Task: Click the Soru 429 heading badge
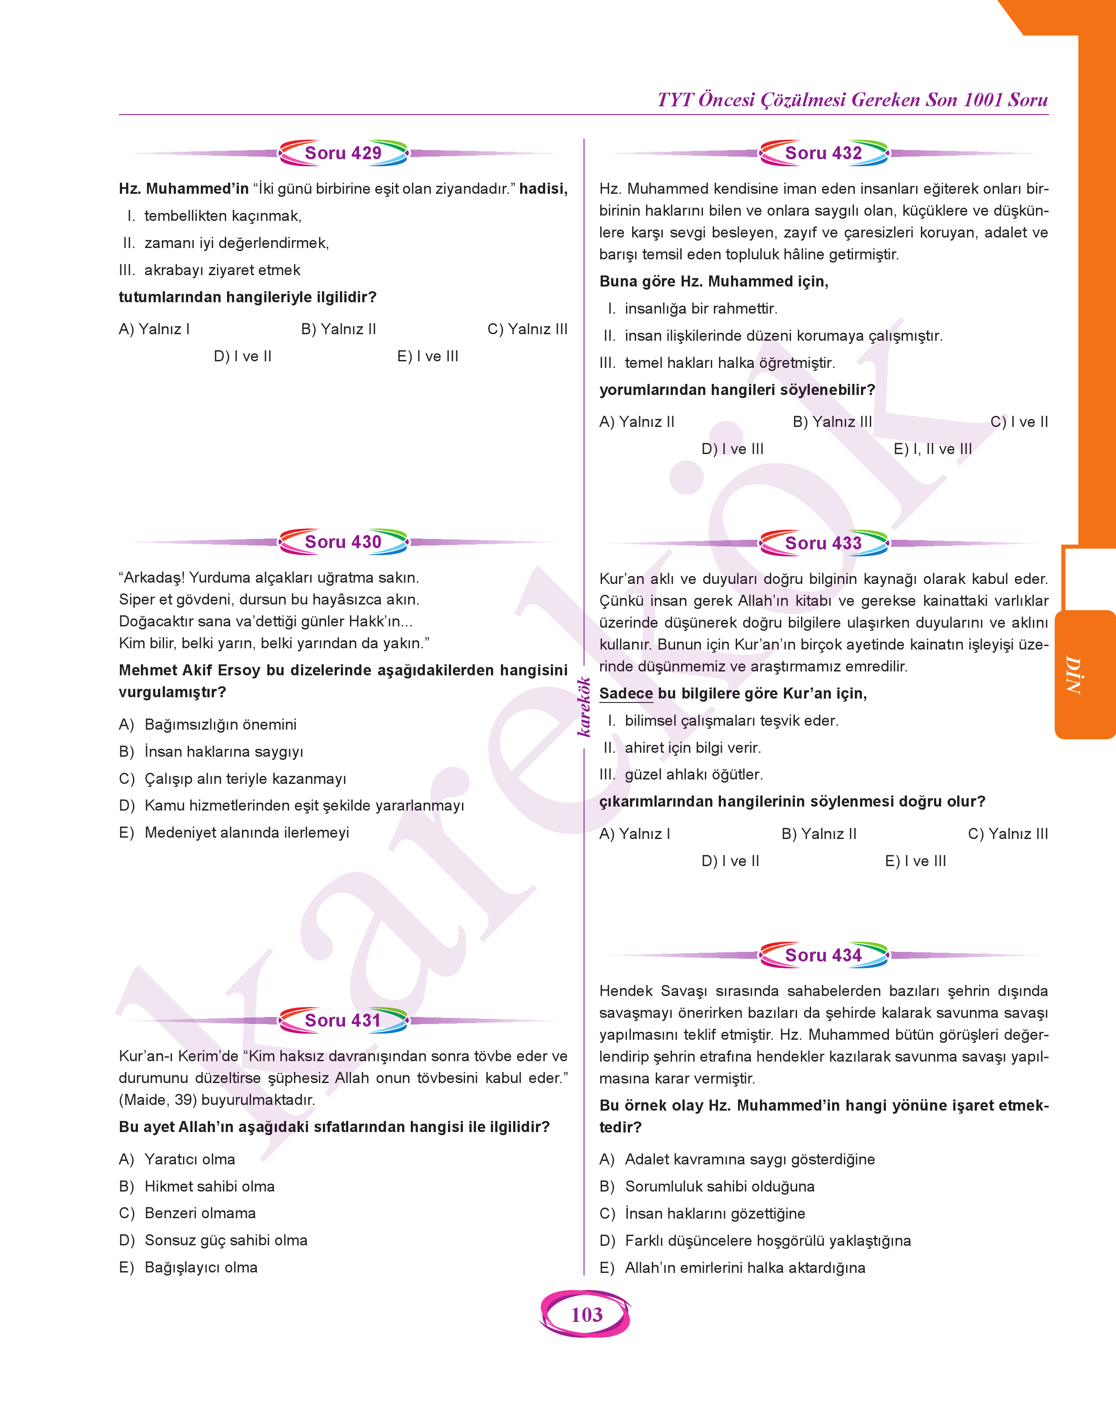343,153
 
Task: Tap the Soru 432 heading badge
823,153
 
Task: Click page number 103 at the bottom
586,1314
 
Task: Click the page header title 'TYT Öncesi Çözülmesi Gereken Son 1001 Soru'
852,100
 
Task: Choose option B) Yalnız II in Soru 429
339,329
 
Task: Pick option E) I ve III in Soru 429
427,356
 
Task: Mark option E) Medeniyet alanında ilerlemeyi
234,833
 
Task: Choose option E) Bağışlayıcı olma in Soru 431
188,1267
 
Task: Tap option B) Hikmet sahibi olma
197,1186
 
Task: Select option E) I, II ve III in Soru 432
932,449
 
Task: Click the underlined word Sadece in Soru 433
626,694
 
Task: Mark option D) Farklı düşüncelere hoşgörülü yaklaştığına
755,1241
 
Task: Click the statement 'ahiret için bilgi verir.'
693,748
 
